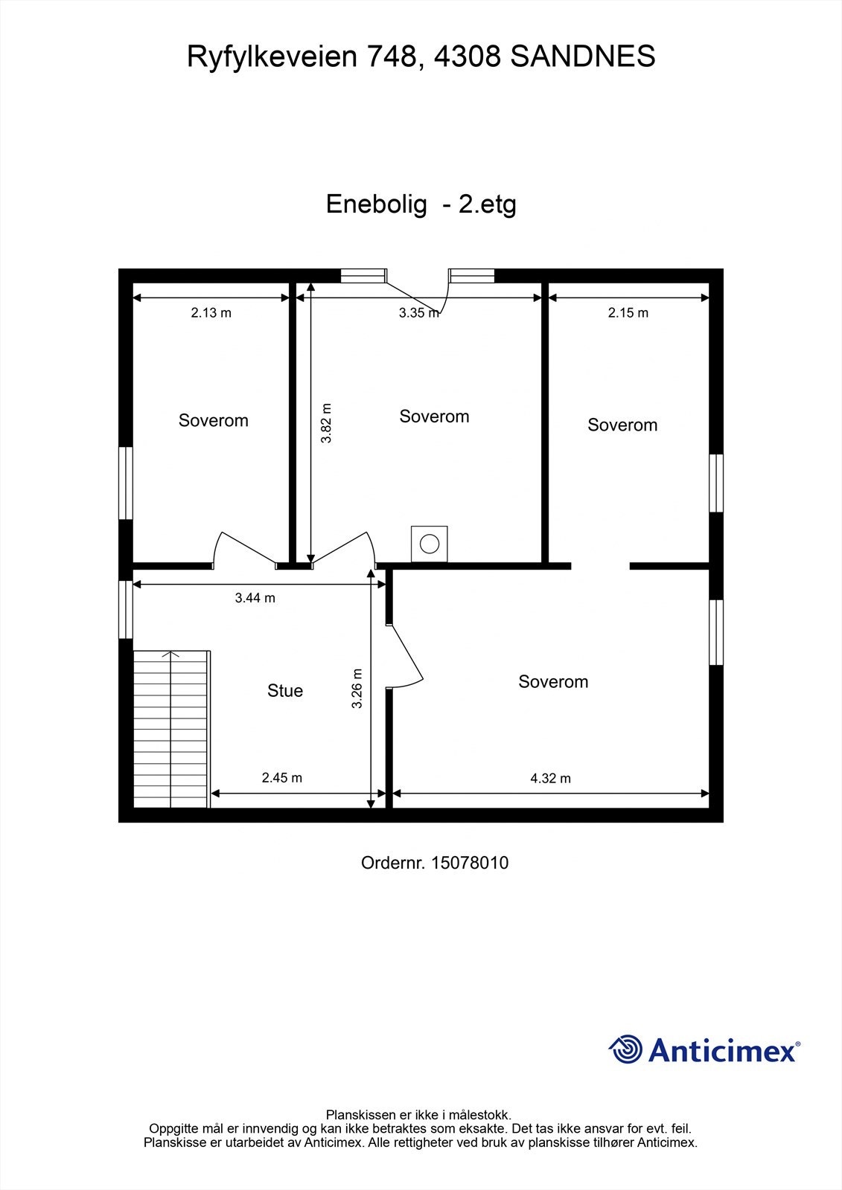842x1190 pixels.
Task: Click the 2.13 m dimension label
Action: point(211,313)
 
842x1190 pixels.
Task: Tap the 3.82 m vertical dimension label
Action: point(326,423)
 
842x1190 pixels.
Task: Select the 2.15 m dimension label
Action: point(628,313)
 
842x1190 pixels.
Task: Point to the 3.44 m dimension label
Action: point(255,598)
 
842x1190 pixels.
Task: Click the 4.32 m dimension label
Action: point(550,779)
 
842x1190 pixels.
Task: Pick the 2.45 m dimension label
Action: point(281,778)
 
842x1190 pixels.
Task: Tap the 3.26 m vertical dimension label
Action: point(357,688)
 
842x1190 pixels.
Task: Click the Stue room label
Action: point(285,691)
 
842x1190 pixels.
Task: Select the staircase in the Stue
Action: point(171,729)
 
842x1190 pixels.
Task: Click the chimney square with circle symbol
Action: point(430,544)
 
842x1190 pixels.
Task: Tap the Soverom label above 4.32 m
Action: point(553,682)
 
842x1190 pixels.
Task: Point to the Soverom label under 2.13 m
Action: point(213,421)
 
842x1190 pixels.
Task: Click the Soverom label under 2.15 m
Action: point(622,425)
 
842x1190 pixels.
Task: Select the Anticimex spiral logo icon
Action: point(625,1049)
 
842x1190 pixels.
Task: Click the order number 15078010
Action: point(470,863)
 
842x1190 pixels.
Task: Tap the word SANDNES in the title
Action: point(583,57)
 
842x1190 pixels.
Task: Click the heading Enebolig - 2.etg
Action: point(421,204)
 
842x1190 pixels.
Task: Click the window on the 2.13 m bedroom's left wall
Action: point(126,483)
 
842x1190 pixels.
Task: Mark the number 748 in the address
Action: point(394,57)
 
